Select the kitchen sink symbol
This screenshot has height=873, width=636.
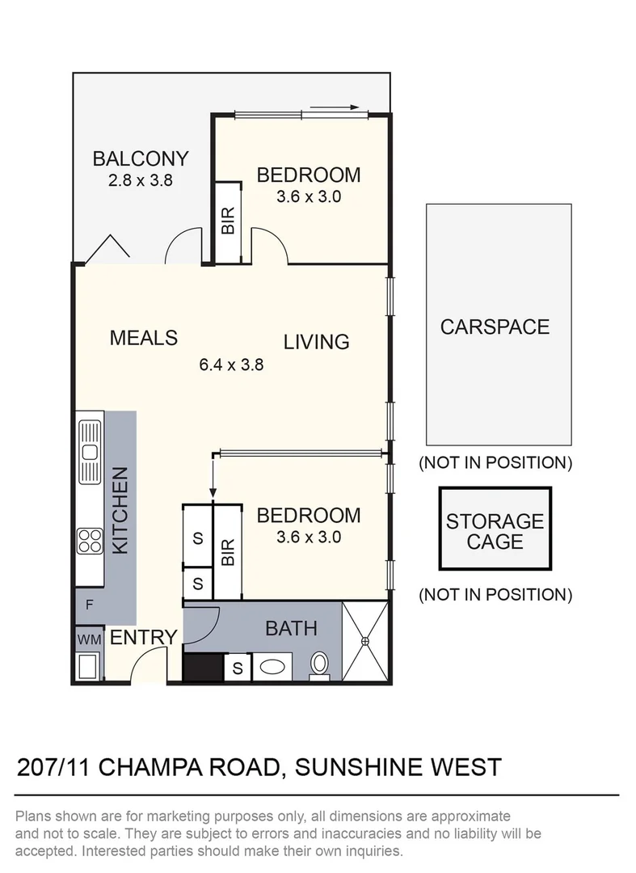tap(89, 451)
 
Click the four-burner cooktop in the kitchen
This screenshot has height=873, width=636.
tap(89, 540)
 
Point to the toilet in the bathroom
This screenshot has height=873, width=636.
tap(320, 664)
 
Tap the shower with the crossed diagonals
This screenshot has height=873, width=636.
tap(365, 641)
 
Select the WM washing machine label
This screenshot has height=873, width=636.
tap(89, 639)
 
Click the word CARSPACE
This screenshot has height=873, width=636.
tap(495, 327)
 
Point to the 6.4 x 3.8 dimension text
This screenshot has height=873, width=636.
tap(231, 365)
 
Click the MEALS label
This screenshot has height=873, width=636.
tap(143, 337)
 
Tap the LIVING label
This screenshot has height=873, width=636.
tap(316, 342)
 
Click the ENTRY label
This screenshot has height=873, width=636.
tap(142, 638)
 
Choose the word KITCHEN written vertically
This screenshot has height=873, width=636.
tap(120, 511)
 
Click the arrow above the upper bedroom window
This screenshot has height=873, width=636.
tap(334, 106)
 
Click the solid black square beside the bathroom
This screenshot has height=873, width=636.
tap(202, 668)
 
